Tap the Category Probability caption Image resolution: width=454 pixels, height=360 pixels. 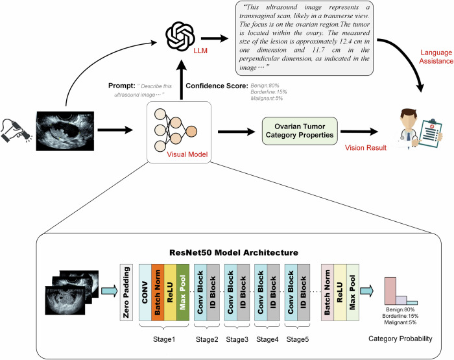401,339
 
